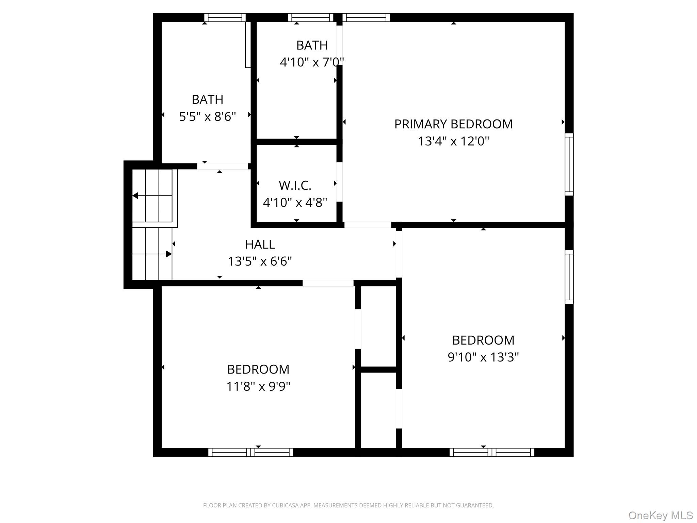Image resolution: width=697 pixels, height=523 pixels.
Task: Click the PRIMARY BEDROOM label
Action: tap(453, 124)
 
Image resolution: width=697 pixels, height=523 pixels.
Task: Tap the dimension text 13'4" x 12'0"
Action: tap(453, 141)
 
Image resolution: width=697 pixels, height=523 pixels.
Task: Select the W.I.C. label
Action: tap(295, 186)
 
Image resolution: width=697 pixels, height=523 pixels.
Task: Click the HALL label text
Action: tap(260, 244)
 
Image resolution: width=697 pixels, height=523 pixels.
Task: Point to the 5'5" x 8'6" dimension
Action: tap(207, 117)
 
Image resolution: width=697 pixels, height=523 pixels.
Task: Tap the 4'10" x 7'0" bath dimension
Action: tap(311, 62)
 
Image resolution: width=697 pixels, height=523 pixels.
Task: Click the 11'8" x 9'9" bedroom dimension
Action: tap(258, 386)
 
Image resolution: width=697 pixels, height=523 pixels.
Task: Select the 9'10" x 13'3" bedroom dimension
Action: tap(483, 357)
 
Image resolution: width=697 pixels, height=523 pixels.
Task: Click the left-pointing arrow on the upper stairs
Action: tap(135, 196)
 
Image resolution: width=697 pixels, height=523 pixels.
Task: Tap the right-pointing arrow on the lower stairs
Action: tap(168, 254)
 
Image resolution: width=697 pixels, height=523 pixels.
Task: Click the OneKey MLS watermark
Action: tap(660, 515)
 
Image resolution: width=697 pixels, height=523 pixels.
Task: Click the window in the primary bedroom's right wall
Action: tap(569, 164)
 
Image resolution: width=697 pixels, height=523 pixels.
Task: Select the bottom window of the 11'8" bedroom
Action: tap(250, 452)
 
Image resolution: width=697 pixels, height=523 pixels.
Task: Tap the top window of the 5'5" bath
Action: tap(225, 17)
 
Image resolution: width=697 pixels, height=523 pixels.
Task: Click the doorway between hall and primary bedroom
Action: tap(368, 225)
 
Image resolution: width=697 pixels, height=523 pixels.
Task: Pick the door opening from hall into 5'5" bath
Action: tap(223, 166)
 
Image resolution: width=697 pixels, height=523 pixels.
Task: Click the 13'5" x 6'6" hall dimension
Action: tap(260, 261)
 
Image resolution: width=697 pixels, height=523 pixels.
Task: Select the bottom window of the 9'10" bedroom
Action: tap(492, 452)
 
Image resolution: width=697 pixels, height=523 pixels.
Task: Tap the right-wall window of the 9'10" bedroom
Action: tap(569, 277)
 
